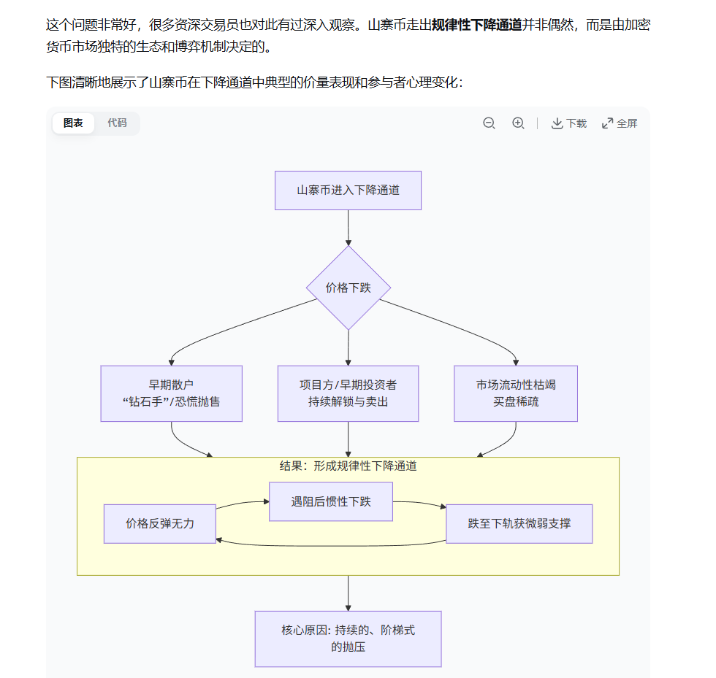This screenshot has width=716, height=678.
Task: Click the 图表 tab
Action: pyautogui.click(x=73, y=123)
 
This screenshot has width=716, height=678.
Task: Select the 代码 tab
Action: pyautogui.click(x=117, y=123)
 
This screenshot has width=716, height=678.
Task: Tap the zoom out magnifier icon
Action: pyautogui.click(x=490, y=123)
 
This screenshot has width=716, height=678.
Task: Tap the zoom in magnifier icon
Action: pyautogui.click(x=518, y=123)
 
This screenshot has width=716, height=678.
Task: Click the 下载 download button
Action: pyautogui.click(x=569, y=123)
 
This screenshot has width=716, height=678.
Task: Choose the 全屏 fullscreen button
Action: pyautogui.click(x=620, y=123)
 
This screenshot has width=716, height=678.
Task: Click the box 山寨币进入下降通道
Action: pyautogui.click(x=348, y=190)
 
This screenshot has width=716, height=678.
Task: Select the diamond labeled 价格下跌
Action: pyautogui.click(x=349, y=288)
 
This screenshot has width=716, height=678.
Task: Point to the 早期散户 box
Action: pyautogui.click(x=171, y=393)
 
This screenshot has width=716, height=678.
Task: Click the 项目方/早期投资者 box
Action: pyautogui.click(x=348, y=393)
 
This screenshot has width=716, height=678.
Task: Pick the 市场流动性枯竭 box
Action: pyautogui.click(x=516, y=393)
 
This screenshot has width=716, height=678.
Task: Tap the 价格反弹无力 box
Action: pyautogui.click(x=160, y=523)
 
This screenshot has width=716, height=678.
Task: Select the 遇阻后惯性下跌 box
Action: pyautogui.click(x=331, y=501)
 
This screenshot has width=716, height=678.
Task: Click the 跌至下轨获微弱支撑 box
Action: pyautogui.click(x=519, y=523)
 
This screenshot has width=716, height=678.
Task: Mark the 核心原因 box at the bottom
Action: pyautogui.click(x=348, y=639)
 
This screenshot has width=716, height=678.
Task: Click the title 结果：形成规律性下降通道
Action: pyautogui.click(x=348, y=466)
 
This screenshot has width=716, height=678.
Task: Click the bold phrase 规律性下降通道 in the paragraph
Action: pyautogui.click(x=476, y=26)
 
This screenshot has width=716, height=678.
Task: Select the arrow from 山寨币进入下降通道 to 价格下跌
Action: pyautogui.click(x=348, y=228)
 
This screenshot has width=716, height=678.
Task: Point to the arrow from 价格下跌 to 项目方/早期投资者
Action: pyautogui.click(x=348, y=348)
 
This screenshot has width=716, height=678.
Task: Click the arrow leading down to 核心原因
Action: pyautogui.click(x=348, y=593)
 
